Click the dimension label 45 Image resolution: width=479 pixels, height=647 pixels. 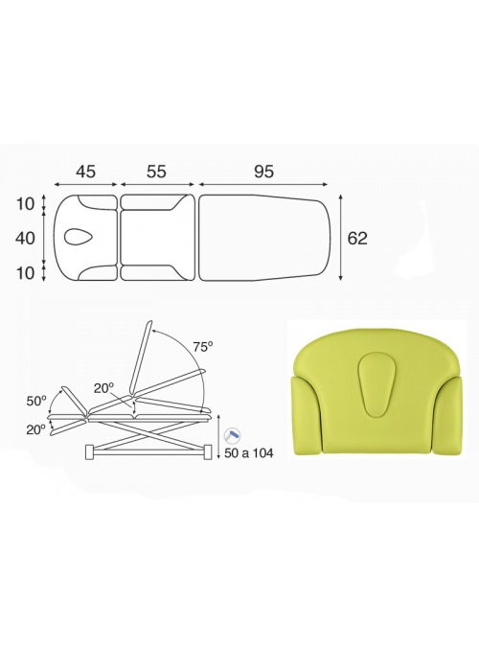tap(85, 172)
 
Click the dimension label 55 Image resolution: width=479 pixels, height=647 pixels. tap(156, 172)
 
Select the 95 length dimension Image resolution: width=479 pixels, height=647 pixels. tap(263, 172)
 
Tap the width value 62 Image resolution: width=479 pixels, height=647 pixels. tap(357, 238)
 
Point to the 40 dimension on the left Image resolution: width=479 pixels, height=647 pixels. tap(26, 238)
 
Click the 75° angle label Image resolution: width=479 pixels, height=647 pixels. tap(203, 347)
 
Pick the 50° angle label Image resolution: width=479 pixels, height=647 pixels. tap(36, 401)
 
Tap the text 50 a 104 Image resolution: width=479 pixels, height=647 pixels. tap(249, 453)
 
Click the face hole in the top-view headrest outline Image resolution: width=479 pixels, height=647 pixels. tap(79, 238)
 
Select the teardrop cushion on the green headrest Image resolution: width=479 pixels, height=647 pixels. tap(376, 382)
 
